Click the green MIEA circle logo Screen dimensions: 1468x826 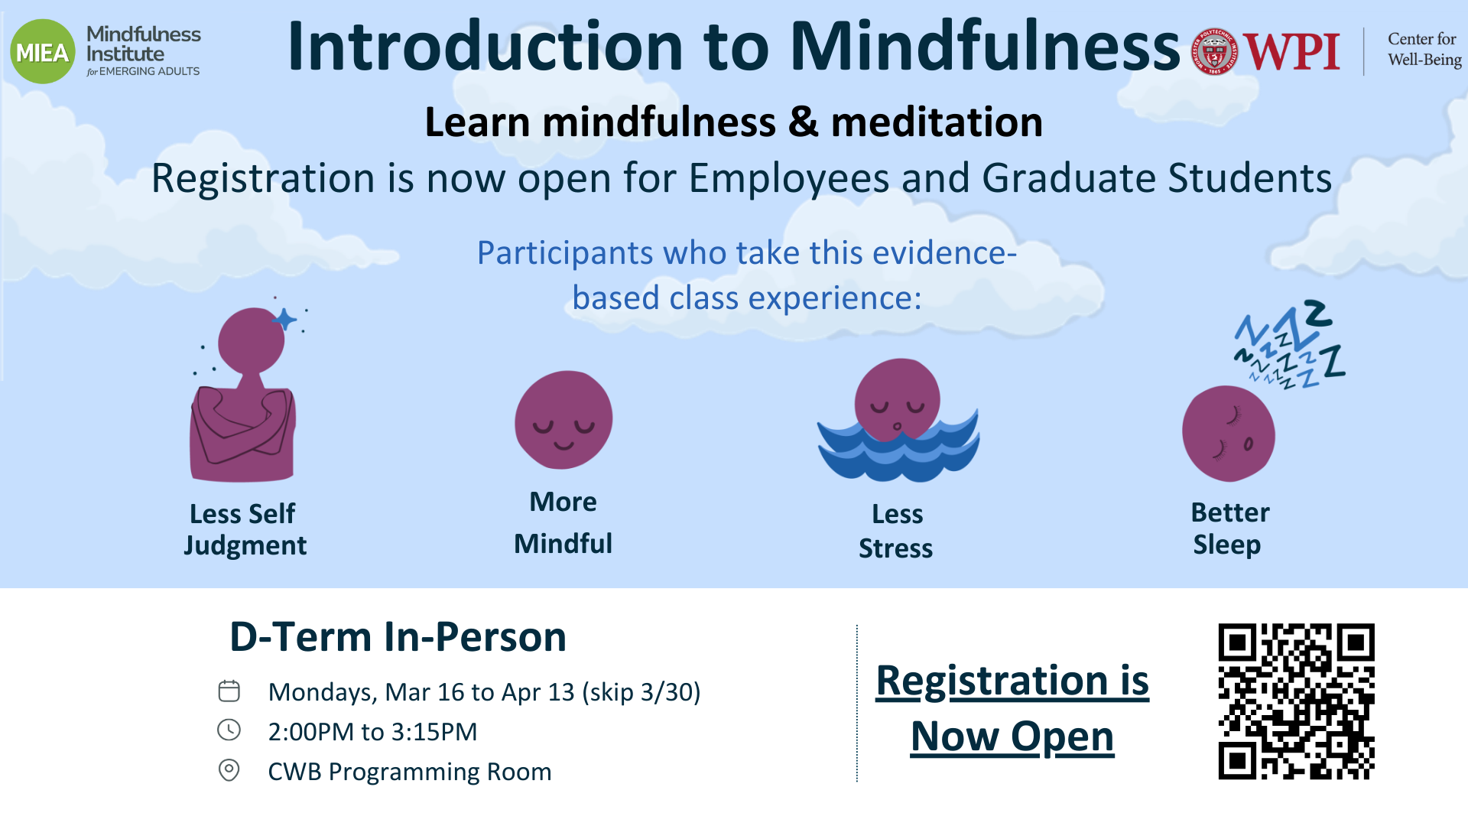click(x=43, y=51)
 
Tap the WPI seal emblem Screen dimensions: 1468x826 click(x=1214, y=52)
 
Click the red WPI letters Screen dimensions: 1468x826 click(x=1291, y=52)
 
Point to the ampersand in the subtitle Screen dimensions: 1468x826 click(x=803, y=122)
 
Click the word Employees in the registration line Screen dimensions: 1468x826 click(x=789, y=179)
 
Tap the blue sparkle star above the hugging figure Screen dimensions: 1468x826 click(x=284, y=319)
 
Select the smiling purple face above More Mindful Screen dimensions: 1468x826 click(x=563, y=420)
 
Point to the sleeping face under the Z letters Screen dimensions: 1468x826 click(x=1228, y=434)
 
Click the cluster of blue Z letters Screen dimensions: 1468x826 click(x=1291, y=344)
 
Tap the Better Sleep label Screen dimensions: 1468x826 click(x=1229, y=528)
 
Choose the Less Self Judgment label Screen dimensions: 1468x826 click(x=245, y=529)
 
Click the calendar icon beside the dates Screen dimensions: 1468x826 click(x=229, y=691)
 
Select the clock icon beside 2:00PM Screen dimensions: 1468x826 click(x=229, y=730)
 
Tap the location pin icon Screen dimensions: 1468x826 click(x=229, y=769)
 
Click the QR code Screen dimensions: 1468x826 click(x=1296, y=701)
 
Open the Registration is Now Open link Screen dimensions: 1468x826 click(x=1012, y=708)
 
